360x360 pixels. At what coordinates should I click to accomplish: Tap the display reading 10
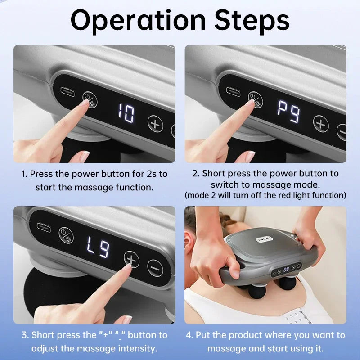[126, 114]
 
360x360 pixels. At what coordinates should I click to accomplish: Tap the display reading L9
[98, 248]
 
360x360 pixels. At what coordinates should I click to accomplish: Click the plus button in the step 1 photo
[155, 123]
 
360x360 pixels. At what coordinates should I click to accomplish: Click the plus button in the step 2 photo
[321, 123]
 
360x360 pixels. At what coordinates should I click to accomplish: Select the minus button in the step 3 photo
[155, 268]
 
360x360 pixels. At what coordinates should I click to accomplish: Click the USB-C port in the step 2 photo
[234, 90]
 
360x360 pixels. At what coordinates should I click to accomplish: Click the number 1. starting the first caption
[25, 174]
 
